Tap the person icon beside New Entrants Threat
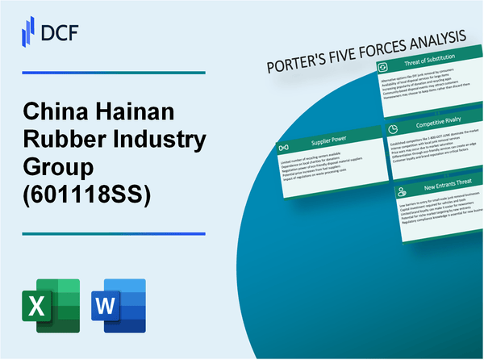tap(400, 194)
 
